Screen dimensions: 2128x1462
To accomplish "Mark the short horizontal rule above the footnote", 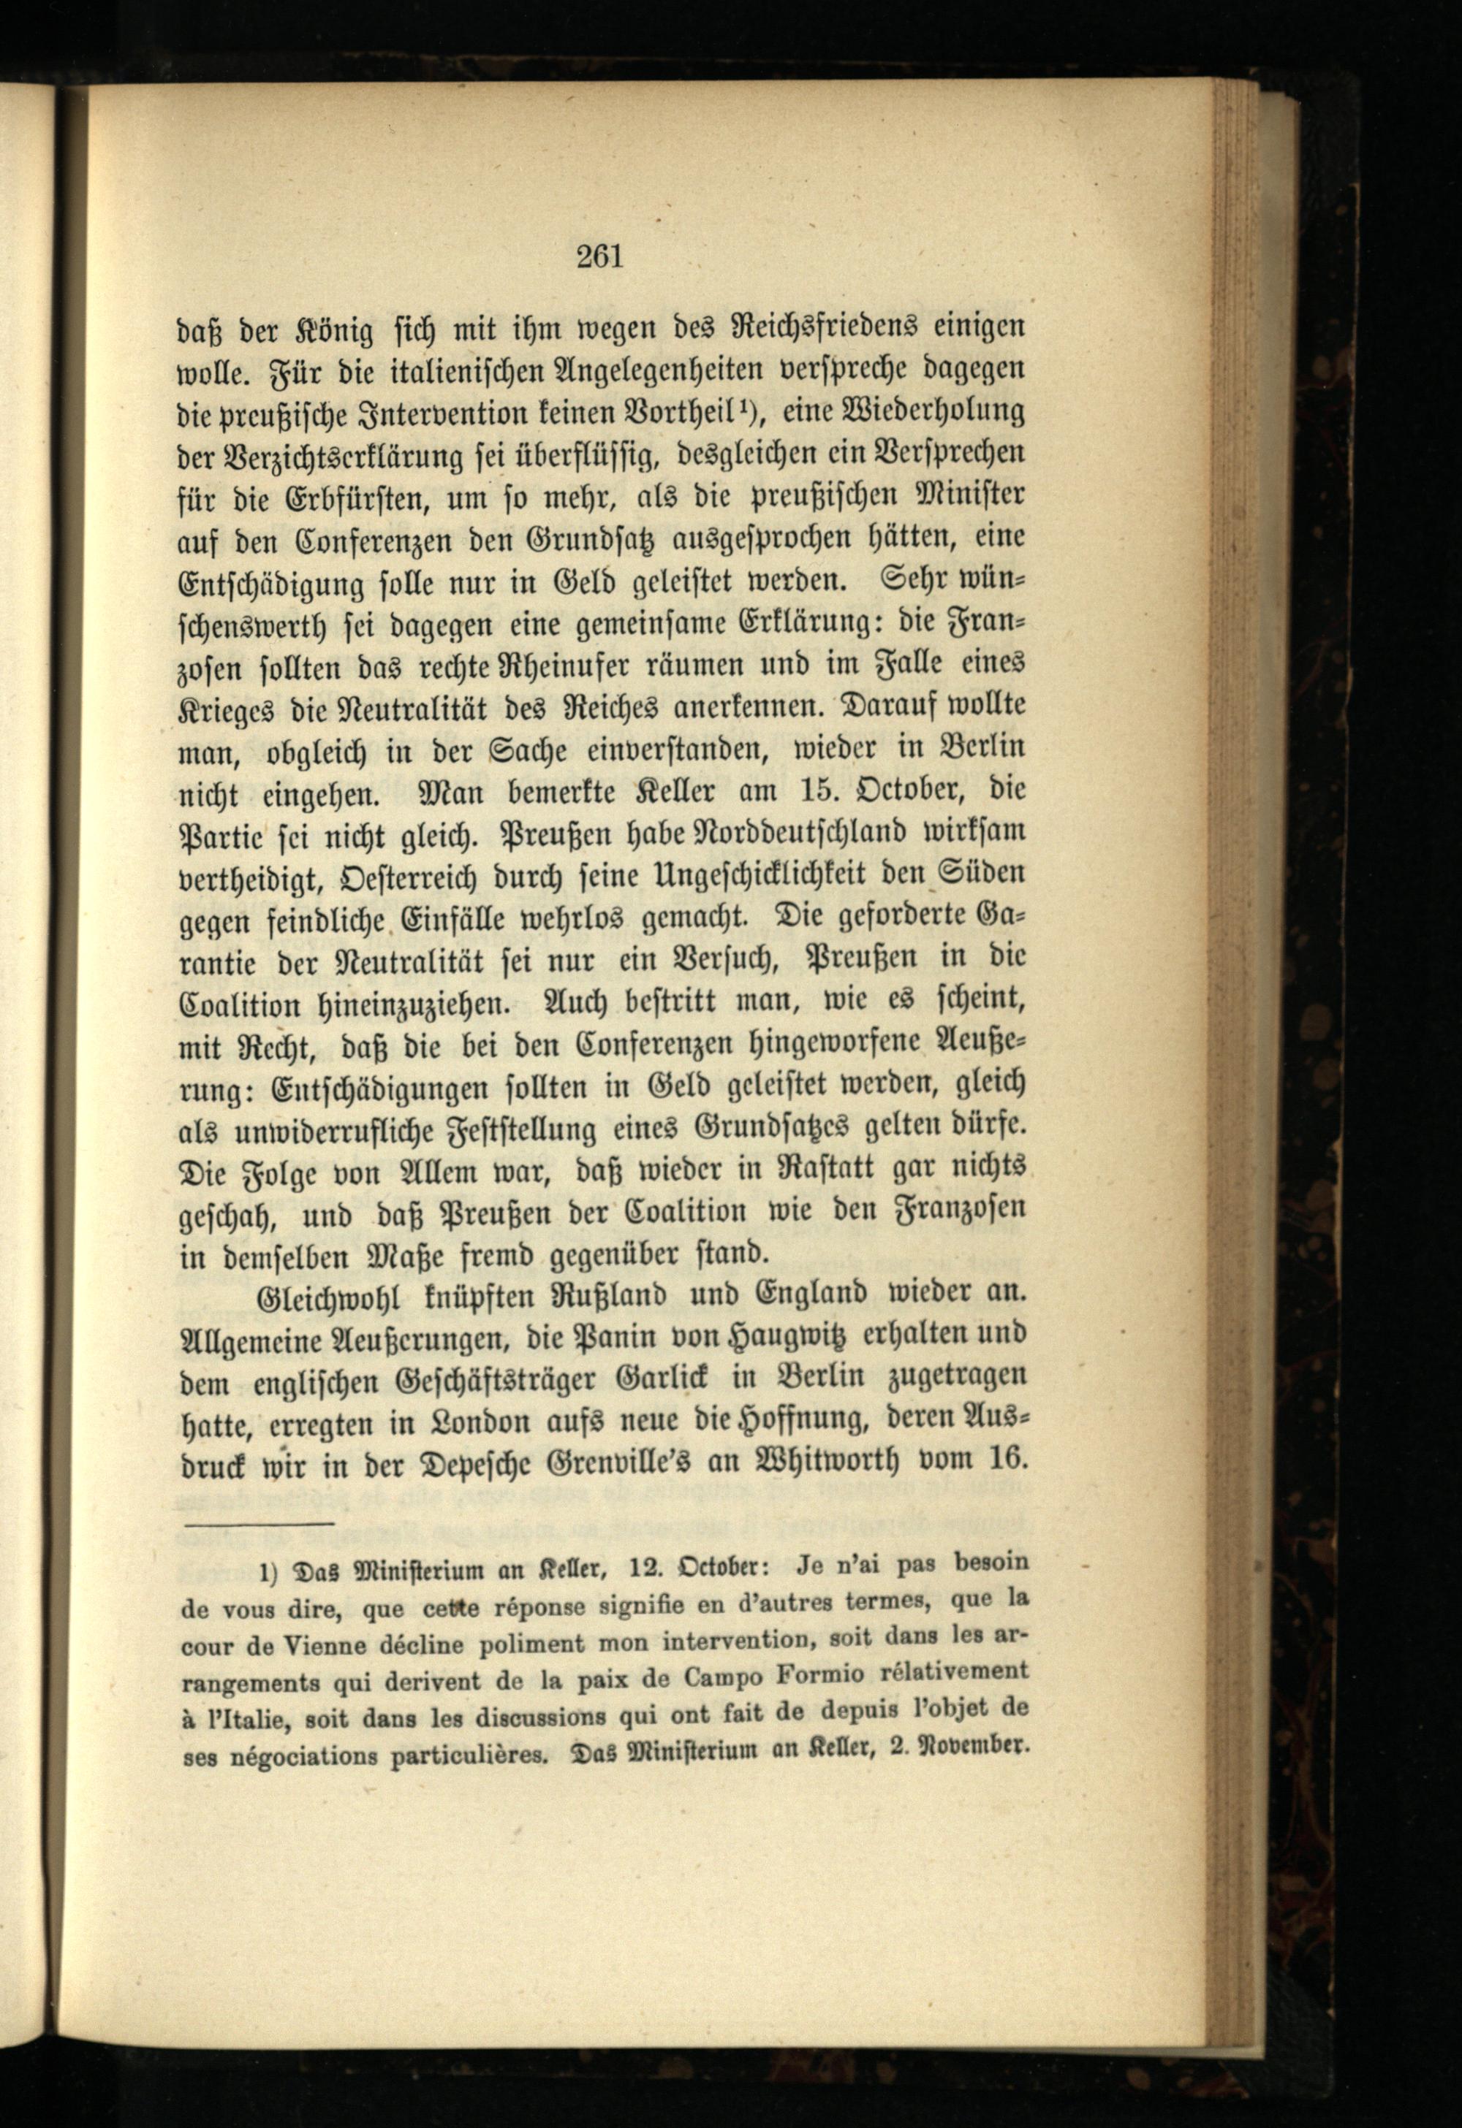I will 258,1525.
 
